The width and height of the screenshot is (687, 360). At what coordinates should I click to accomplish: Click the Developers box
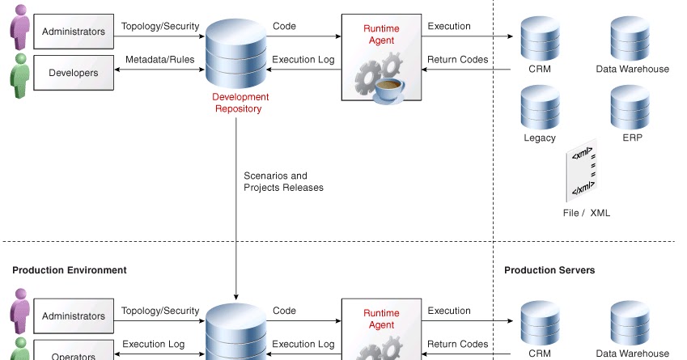coord(74,73)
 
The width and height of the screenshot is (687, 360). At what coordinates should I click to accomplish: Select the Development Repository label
coord(239,103)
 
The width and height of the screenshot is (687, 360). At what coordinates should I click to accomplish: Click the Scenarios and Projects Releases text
coord(283,181)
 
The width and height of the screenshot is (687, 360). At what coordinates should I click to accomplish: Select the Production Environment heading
coord(70,270)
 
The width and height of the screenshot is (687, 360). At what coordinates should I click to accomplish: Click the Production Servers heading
coord(549,270)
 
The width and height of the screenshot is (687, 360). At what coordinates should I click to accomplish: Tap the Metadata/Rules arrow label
coord(159,59)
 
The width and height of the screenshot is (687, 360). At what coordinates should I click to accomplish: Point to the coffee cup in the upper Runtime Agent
coord(389,86)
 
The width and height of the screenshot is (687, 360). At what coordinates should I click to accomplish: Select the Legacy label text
coord(540,138)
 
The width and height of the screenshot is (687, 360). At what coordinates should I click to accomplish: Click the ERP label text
coord(632,138)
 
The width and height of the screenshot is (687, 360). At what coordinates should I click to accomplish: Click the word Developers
coord(74,73)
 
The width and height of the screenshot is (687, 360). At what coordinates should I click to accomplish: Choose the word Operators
coord(74,356)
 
